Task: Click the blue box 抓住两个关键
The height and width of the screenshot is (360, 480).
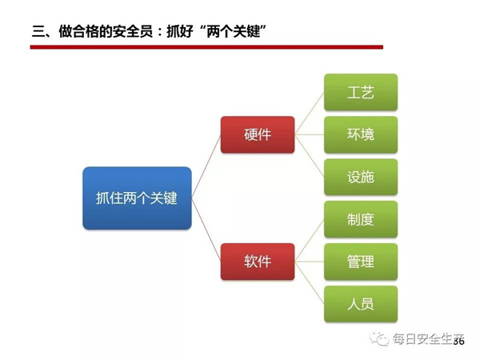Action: [137, 198]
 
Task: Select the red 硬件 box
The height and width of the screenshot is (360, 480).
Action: [258, 134]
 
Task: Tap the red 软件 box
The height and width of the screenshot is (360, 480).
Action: [258, 262]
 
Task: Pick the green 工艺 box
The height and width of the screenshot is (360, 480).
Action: [361, 92]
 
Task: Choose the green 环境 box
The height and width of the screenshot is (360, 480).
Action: [361, 134]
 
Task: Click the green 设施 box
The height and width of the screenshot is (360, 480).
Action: [361, 177]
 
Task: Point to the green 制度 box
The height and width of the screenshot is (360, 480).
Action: [361, 219]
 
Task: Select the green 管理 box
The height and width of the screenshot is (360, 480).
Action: [361, 262]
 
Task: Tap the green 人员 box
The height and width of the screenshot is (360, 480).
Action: [361, 304]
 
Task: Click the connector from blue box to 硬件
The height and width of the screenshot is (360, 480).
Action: [206, 166]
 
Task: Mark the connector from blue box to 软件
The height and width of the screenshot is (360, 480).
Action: [206, 230]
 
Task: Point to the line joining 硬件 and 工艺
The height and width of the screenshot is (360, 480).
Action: [309, 114]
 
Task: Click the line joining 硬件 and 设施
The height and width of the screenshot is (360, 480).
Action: [309, 155]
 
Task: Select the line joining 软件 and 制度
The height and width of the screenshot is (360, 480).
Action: [309, 240]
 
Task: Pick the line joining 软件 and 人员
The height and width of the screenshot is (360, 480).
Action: [309, 282]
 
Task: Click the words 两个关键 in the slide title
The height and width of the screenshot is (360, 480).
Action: [234, 31]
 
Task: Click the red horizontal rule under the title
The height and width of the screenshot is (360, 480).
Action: [206, 47]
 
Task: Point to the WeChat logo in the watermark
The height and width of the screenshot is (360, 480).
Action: [379, 338]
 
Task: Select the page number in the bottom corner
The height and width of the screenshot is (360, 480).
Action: [458, 341]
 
